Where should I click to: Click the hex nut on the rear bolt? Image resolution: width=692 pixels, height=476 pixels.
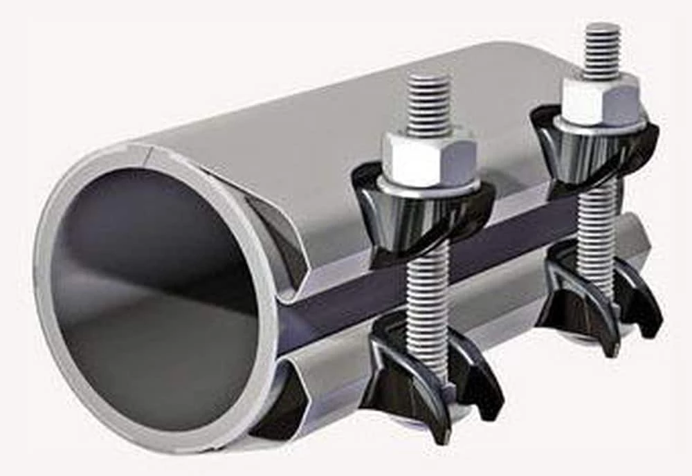pos(600,100)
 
